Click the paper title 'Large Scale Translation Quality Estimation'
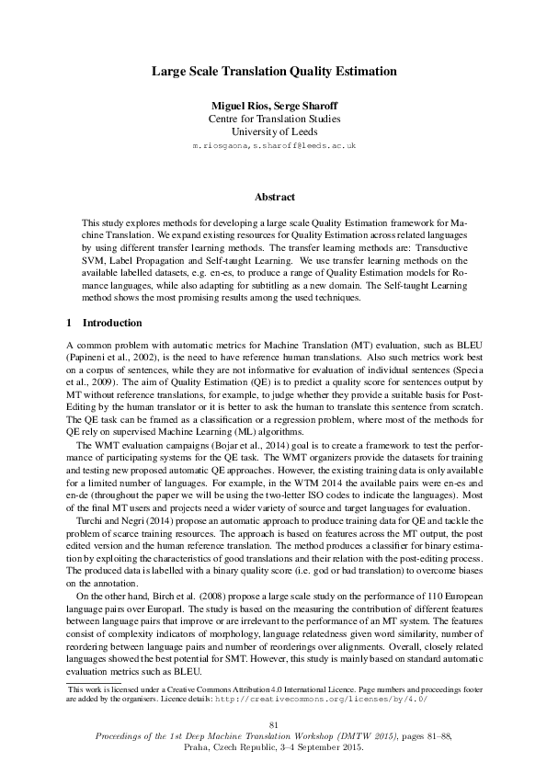point(273,71)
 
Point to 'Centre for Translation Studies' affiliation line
point(273,119)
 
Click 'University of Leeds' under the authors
point(273,132)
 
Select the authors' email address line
point(273,147)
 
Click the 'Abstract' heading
point(273,197)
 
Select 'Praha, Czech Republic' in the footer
point(239,747)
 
